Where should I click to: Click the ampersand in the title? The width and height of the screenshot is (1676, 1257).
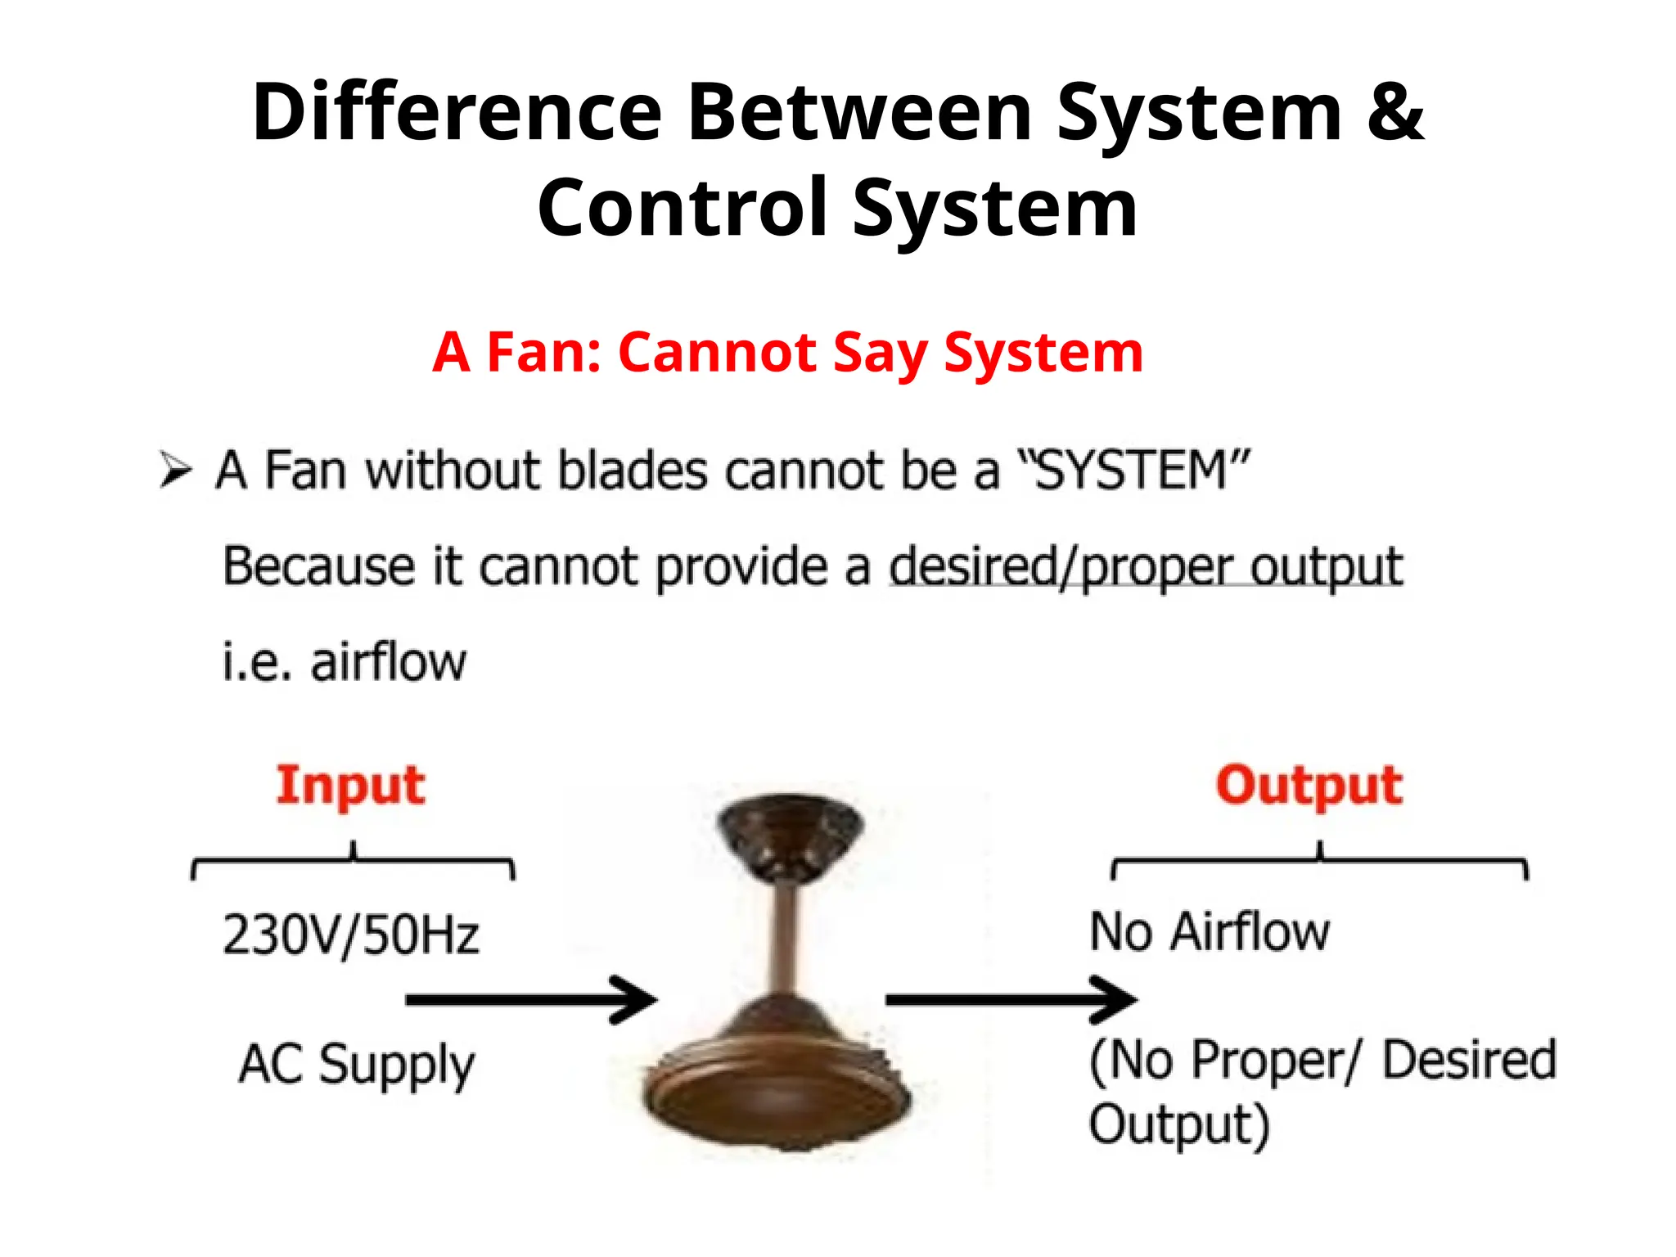(1394, 113)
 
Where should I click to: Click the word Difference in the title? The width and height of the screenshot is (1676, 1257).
(457, 113)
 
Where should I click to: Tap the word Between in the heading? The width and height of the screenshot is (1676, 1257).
(859, 113)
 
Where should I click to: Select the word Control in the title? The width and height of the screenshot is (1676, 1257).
(683, 208)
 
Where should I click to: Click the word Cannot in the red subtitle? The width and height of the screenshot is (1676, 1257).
(717, 353)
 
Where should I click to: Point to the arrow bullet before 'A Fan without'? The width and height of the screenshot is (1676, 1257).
(175, 470)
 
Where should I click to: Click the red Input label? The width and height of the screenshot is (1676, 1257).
(350, 786)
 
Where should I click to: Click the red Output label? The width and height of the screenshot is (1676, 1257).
(1309, 786)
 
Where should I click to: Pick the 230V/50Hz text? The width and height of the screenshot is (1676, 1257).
(350, 935)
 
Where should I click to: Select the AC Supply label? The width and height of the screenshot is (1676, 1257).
(357, 1064)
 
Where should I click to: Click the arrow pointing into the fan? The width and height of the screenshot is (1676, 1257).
(532, 999)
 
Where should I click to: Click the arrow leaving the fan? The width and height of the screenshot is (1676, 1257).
(1011, 999)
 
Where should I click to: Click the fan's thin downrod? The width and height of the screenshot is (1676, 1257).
(788, 941)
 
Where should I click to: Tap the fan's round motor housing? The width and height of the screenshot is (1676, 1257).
(777, 1080)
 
